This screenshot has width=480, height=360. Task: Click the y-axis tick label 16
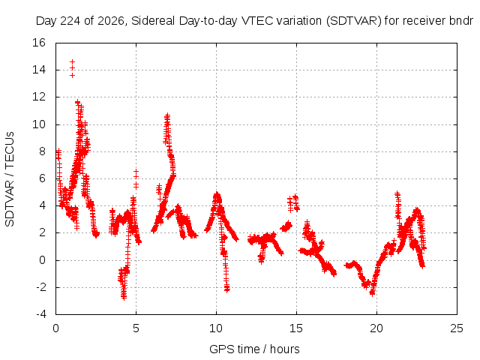point(39,43)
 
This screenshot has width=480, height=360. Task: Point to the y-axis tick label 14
point(39,70)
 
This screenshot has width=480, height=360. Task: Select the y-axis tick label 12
point(39,97)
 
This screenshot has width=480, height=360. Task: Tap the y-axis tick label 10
point(39,124)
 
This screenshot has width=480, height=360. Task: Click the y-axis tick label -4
point(40,314)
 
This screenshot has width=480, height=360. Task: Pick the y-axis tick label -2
point(40,287)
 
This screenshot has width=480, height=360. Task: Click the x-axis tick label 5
point(136,328)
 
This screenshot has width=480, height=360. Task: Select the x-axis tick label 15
point(296,328)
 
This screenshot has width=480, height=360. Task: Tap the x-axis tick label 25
point(457,328)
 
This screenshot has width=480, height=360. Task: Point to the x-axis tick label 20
point(376,328)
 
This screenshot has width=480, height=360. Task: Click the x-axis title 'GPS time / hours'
point(254,349)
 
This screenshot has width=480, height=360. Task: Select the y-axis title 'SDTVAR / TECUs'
point(10,179)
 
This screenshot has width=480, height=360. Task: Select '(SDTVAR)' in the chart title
point(353,21)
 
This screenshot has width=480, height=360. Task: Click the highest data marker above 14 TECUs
point(72,61)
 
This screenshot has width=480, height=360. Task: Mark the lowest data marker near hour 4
point(124,298)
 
